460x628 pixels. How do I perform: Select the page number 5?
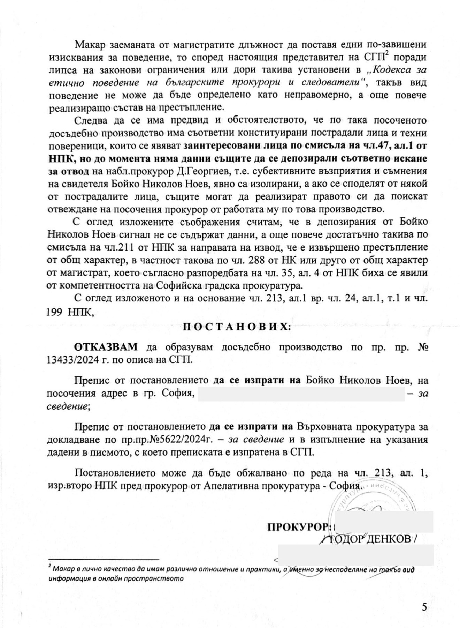pos(424,588)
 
